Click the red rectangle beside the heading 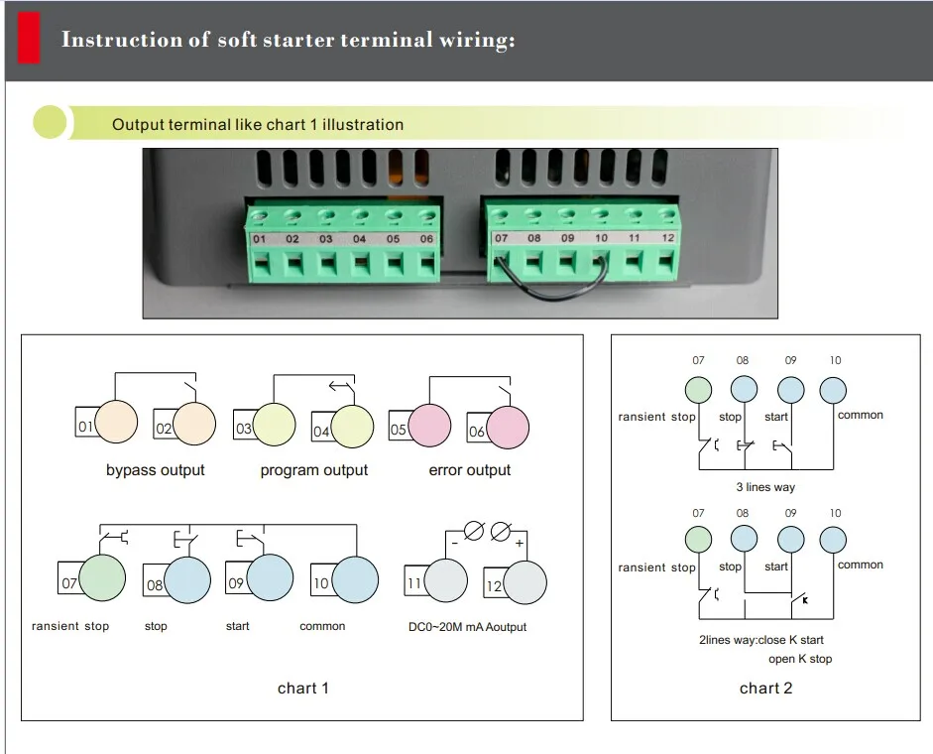click(29, 40)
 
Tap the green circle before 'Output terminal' click(50, 123)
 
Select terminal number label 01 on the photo click(260, 239)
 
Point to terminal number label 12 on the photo click(667, 238)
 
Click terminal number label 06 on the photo click(426, 239)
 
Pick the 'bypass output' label click(156, 470)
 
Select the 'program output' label click(314, 470)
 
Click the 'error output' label click(470, 470)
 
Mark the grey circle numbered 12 click(525, 583)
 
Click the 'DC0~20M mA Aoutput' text click(468, 627)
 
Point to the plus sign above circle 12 click(520, 543)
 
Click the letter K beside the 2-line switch click(805, 600)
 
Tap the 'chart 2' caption click(765, 688)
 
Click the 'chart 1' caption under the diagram click(302, 688)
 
